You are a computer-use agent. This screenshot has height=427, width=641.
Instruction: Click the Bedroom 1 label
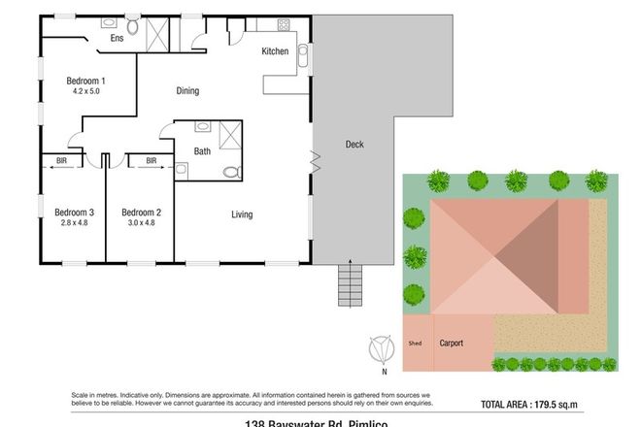85,81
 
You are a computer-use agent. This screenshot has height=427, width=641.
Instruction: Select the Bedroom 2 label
140,212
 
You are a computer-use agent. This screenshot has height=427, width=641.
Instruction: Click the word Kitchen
275,51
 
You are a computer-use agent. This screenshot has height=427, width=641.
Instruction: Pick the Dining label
187,91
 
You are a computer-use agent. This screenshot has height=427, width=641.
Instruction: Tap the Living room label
244,214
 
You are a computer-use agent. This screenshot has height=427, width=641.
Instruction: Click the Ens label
116,38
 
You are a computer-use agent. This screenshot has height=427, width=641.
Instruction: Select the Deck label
354,145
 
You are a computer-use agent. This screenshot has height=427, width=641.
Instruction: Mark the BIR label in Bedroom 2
152,161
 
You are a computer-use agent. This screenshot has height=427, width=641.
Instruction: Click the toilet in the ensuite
134,28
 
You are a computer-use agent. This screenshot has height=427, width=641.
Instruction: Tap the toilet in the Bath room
229,172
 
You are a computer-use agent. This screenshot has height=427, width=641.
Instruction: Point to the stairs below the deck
349,283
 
